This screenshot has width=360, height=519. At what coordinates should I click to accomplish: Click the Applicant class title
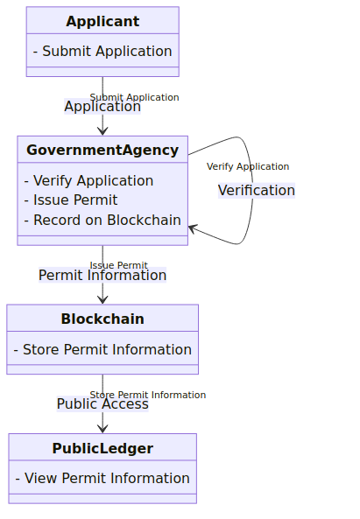102,22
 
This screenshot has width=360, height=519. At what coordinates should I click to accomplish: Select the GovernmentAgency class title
102,150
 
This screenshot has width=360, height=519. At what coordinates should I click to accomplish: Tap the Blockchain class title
102,319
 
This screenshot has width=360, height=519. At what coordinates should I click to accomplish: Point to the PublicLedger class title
102,448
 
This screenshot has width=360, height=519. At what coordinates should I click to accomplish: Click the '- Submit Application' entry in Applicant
102,51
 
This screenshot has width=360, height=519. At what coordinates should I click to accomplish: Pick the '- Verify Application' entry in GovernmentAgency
88,180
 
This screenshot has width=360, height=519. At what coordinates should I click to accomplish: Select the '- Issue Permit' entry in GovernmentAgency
71,200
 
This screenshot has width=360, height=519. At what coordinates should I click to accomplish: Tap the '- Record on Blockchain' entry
102,220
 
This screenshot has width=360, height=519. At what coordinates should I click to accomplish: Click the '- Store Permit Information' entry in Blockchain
102,349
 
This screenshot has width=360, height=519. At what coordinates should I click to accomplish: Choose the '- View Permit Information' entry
102,478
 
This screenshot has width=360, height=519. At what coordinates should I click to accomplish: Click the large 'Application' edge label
102,106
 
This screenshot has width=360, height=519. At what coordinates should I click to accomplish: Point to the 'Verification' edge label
257,190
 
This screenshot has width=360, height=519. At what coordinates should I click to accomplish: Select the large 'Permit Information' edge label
102,275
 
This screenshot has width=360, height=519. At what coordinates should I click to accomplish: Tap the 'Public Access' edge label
102,403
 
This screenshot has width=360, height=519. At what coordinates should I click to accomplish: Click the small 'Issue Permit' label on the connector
118,265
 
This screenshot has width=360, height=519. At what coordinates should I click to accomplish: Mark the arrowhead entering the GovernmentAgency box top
102,131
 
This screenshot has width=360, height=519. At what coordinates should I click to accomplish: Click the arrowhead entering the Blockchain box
102,300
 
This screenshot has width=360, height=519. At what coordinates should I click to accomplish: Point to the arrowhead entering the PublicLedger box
102,429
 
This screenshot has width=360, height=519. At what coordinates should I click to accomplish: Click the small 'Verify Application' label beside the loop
248,166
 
